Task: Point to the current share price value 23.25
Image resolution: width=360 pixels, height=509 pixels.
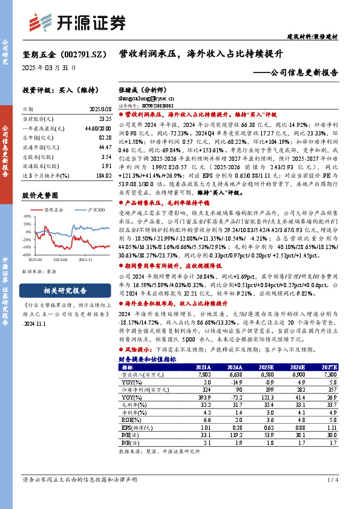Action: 104,120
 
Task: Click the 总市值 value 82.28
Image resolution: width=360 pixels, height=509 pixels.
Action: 104,137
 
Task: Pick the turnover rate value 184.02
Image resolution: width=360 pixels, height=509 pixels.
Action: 103,175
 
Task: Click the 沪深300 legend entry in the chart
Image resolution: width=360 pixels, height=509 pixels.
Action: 94,210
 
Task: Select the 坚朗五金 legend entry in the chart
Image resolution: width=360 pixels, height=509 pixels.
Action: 54,210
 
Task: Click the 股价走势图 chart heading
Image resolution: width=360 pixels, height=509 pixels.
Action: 41,196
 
